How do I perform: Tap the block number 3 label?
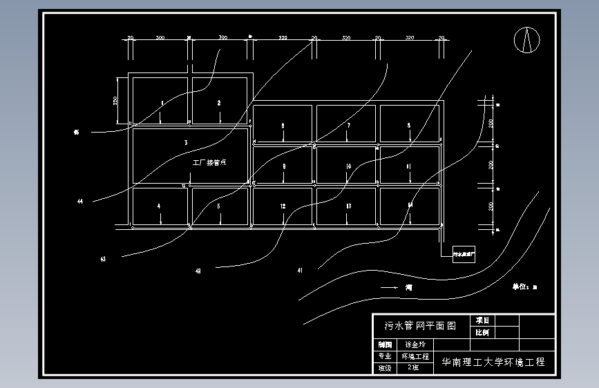pyautogui.click(x=186, y=142)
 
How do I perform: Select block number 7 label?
pyautogui.click(x=349, y=126)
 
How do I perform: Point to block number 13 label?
pyautogui.click(x=348, y=206)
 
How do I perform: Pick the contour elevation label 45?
pyautogui.click(x=76, y=132)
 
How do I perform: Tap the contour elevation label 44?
pyautogui.click(x=80, y=202)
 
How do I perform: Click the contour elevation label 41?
pyautogui.click(x=300, y=270)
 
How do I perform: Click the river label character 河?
pyautogui.click(x=409, y=287)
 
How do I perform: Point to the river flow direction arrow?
pyautogui.click(x=388, y=287)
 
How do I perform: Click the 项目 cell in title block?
pyautogui.click(x=482, y=320)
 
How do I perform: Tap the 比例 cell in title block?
pyautogui.click(x=482, y=333)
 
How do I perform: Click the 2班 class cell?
pyautogui.click(x=414, y=367)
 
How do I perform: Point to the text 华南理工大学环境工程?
pyautogui.click(x=493, y=362)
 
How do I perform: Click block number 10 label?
pyautogui.click(x=349, y=166)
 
